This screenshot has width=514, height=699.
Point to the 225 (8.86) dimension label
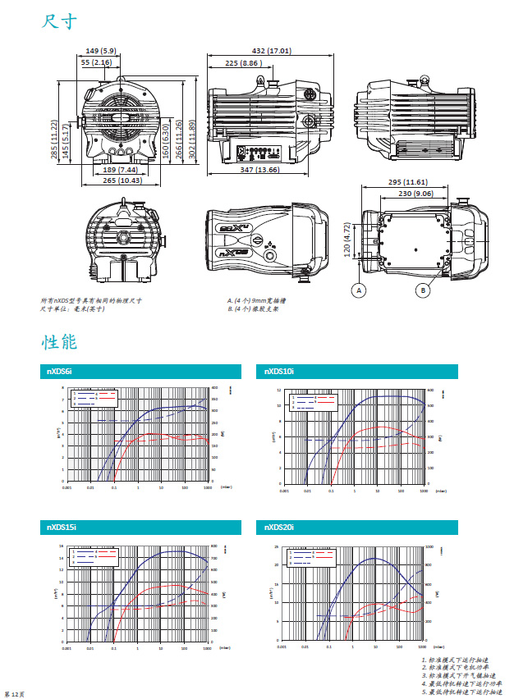pyautogui.click(x=243, y=62)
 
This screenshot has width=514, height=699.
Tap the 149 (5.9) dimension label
pyautogui.click(x=101, y=51)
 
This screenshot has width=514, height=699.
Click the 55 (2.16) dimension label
pyautogui.click(x=96, y=62)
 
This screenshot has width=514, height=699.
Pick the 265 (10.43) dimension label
pyautogui.click(x=119, y=180)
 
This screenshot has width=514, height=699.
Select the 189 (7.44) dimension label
pyautogui.click(x=120, y=169)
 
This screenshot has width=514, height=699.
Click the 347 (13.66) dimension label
pyautogui.click(x=255, y=170)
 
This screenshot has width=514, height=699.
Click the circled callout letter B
pyautogui.click(x=422, y=290)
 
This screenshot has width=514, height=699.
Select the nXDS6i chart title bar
pyautogui.click(x=140, y=372)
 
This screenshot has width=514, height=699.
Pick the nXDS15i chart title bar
pyautogui.click(x=140, y=526)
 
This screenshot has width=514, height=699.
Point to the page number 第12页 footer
pyautogui.click(x=15, y=694)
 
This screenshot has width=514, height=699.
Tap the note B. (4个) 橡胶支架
pyautogui.click(x=252, y=309)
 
